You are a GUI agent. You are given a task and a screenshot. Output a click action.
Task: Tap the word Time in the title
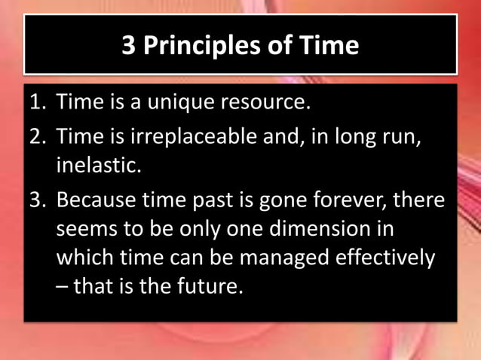[x=324, y=46]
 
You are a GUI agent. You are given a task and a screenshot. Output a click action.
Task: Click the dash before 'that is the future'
[x=61, y=287]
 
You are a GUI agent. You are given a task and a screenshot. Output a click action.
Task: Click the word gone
[x=281, y=201]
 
